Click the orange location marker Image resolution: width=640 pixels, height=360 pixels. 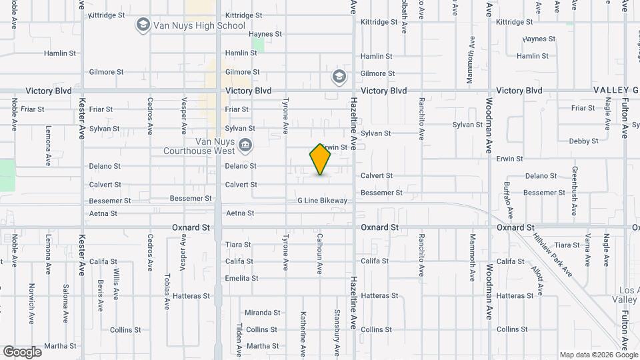tap(321, 159)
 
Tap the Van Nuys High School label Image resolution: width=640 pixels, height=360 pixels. tap(199, 26)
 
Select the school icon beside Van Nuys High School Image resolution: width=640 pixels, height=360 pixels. tap(142, 26)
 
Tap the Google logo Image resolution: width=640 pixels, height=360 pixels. tap(22, 352)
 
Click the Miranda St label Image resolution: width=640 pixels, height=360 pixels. tap(262, 313)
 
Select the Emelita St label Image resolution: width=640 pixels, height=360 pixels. tap(241, 278)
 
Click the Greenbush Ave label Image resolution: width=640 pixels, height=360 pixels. tap(573, 188)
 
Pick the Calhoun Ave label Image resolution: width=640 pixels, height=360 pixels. tap(320, 253)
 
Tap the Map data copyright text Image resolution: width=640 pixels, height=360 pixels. tap(598, 355)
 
